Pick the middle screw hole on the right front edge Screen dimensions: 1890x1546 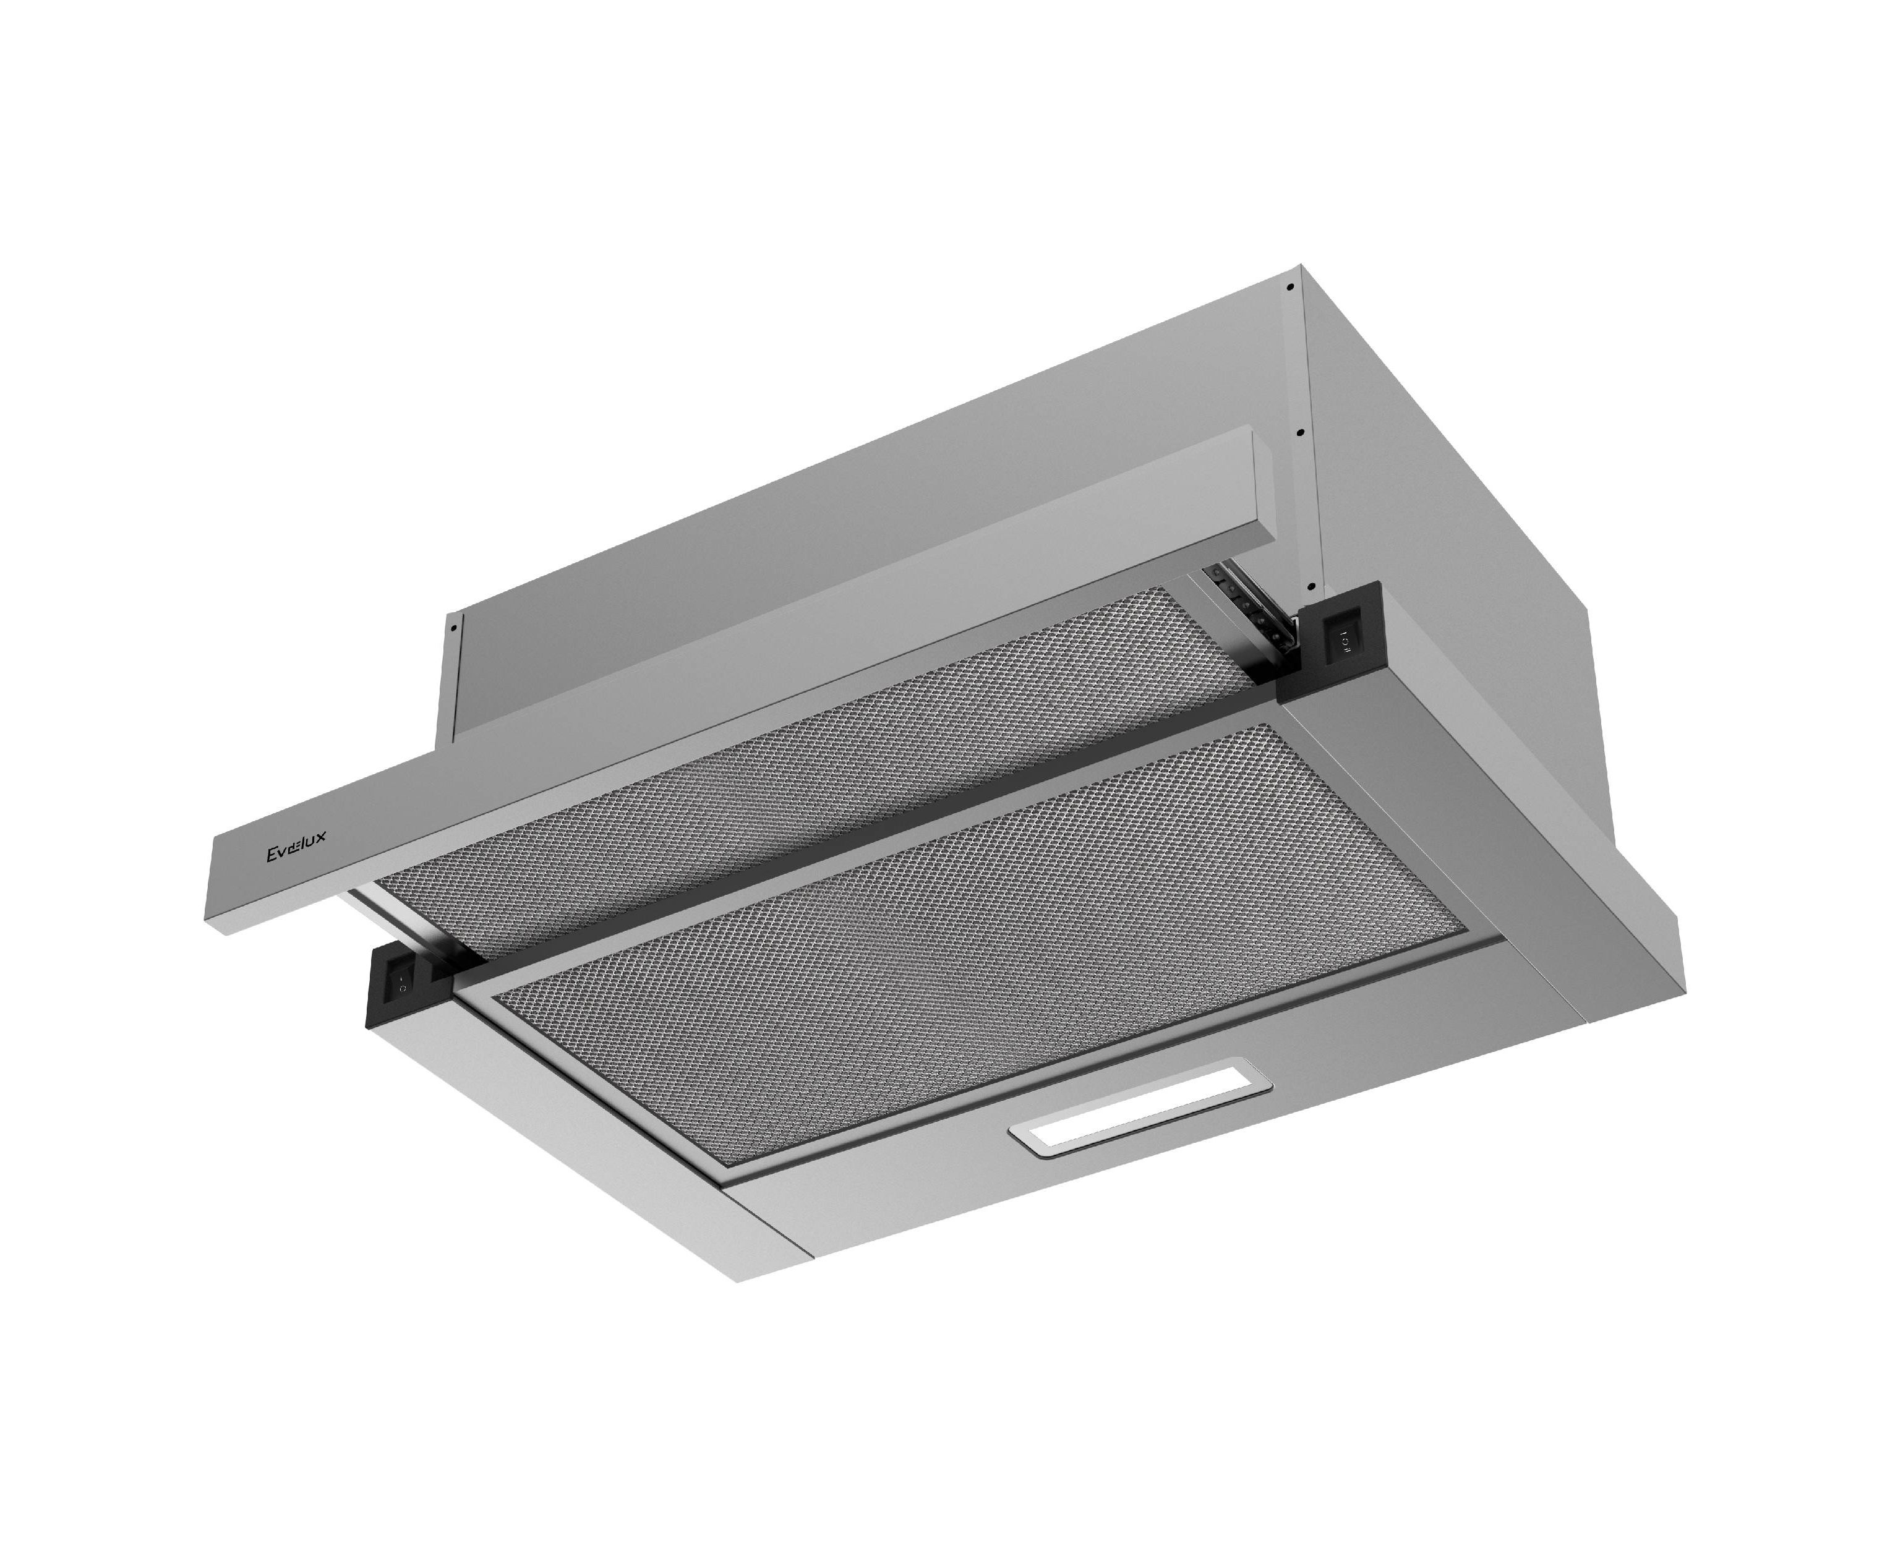tap(1301, 433)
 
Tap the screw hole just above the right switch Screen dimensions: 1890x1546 tap(1311, 586)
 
